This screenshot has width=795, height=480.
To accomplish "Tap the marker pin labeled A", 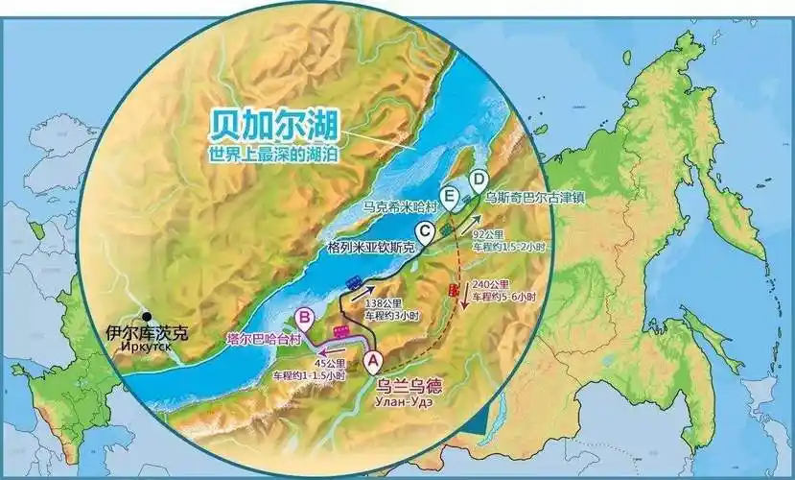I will point(374,359).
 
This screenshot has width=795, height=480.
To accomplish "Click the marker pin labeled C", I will point(423,229).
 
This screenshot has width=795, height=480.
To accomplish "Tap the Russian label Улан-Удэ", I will point(407,406).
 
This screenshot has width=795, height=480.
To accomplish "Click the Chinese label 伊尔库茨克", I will point(148,334).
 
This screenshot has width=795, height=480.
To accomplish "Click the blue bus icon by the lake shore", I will point(353,281).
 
